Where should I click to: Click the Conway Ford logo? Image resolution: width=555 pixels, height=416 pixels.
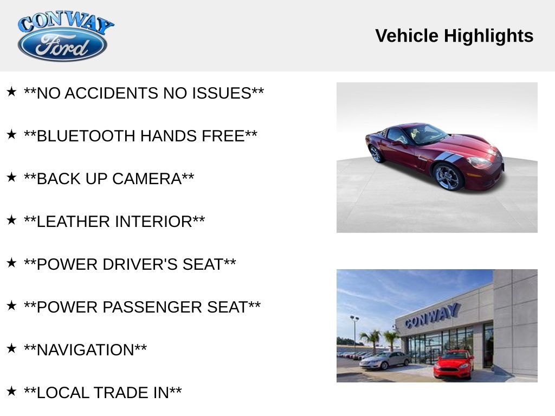63,37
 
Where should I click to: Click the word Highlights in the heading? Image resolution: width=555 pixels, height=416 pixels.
488,36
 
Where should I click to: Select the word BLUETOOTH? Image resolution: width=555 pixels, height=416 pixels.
86,136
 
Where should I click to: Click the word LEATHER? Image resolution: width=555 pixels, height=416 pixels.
73,222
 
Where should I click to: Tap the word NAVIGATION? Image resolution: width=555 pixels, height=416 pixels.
85,350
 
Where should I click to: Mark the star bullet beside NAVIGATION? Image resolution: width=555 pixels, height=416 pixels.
11,348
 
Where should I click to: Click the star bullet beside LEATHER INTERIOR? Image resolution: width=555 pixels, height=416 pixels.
11,220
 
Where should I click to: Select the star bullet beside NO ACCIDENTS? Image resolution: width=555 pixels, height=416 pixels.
11,92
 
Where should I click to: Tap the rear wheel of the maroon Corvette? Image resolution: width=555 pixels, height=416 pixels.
376,153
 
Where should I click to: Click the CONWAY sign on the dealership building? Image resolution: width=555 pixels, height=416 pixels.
432,315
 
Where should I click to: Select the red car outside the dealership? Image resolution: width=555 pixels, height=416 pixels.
454,364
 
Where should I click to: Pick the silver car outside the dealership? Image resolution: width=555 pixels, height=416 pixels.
385,360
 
